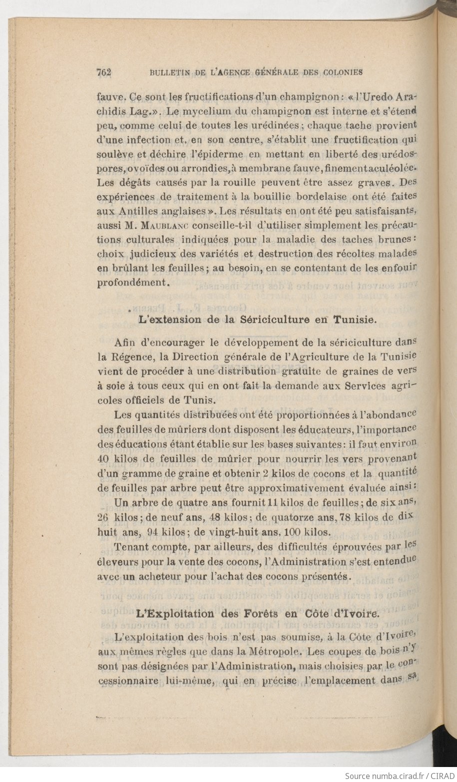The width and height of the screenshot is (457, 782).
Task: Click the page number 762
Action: [103, 72]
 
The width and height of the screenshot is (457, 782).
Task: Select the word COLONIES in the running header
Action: [345, 72]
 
